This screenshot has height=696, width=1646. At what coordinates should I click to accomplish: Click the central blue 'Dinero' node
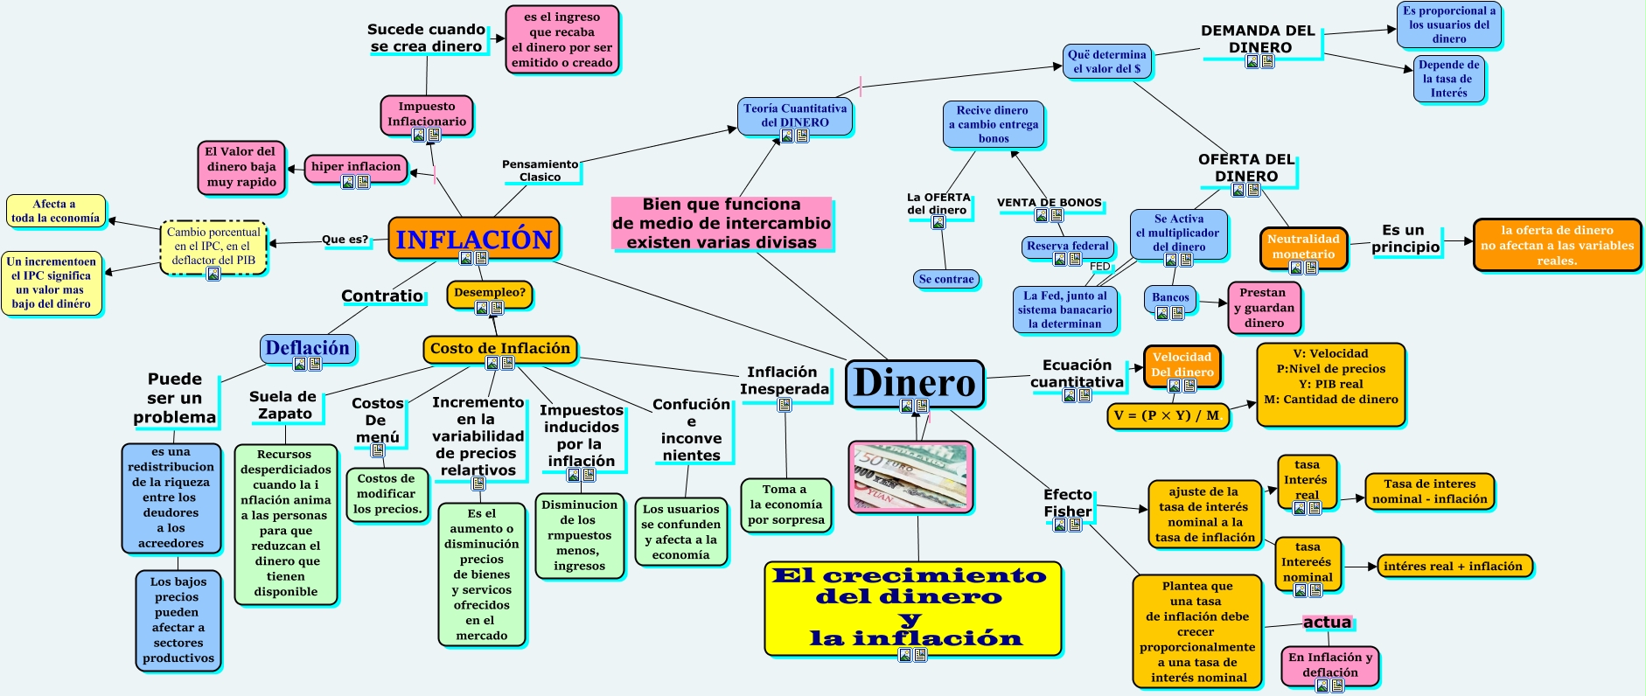pyautogui.click(x=914, y=383)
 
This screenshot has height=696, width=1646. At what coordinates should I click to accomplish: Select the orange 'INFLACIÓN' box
pyautogui.click(x=473, y=239)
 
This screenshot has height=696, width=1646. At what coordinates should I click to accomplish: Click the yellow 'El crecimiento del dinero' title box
pyautogui.click(x=913, y=607)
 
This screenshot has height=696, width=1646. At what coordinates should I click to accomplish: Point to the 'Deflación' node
pyautogui.click(x=307, y=348)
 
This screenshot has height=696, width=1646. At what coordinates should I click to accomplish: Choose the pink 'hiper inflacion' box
pyautogui.click(x=356, y=167)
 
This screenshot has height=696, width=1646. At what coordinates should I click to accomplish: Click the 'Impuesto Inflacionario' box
pyautogui.click(x=427, y=115)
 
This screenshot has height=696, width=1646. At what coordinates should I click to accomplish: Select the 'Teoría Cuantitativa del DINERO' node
pyautogui.click(x=794, y=115)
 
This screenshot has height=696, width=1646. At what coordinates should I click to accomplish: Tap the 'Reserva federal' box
pyautogui.click(x=1067, y=247)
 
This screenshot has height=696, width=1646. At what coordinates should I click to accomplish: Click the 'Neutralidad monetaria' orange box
pyautogui.click(x=1303, y=247)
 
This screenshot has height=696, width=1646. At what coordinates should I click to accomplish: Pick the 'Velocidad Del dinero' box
pyautogui.click(x=1182, y=365)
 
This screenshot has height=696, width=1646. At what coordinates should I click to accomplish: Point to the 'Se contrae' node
pyautogui.click(x=946, y=280)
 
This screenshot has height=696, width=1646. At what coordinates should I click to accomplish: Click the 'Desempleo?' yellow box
pyautogui.click(x=489, y=293)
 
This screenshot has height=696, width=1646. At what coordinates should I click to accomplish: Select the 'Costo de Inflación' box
pyautogui.click(x=499, y=348)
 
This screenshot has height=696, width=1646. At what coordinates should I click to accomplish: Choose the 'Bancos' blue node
pyautogui.click(x=1170, y=298)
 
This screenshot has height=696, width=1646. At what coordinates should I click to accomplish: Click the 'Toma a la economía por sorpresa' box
pyautogui.click(x=785, y=505)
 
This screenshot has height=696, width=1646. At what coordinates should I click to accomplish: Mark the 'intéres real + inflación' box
pyautogui.click(x=1453, y=567)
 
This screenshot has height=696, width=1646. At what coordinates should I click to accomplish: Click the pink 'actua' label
pyautogui.click(x=1327, y=623)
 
